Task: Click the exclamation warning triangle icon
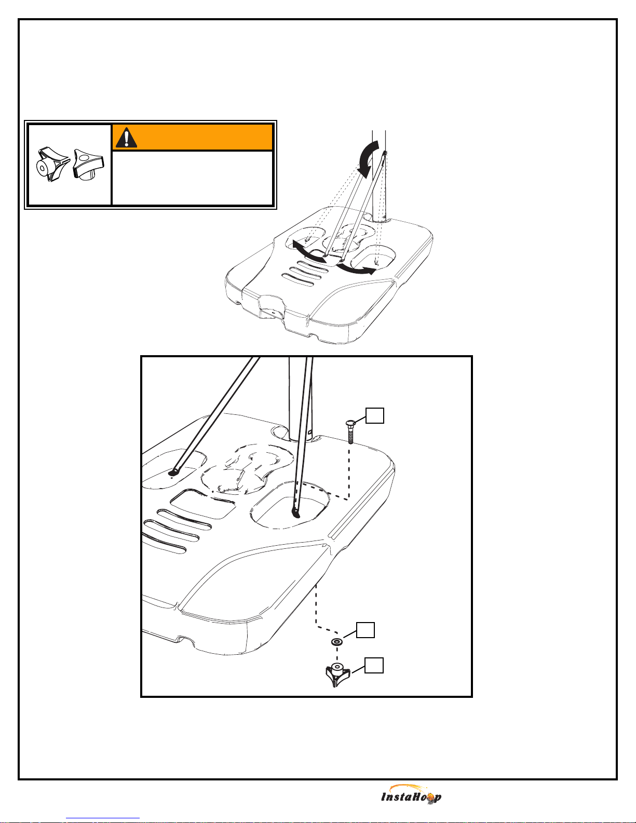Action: [126, 138]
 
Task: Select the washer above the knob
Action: [337, 642]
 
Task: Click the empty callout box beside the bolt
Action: [375, 415]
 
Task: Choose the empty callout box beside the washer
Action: [366, 630]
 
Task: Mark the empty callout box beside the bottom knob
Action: [374, 665]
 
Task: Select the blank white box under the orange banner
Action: [192, 178]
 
